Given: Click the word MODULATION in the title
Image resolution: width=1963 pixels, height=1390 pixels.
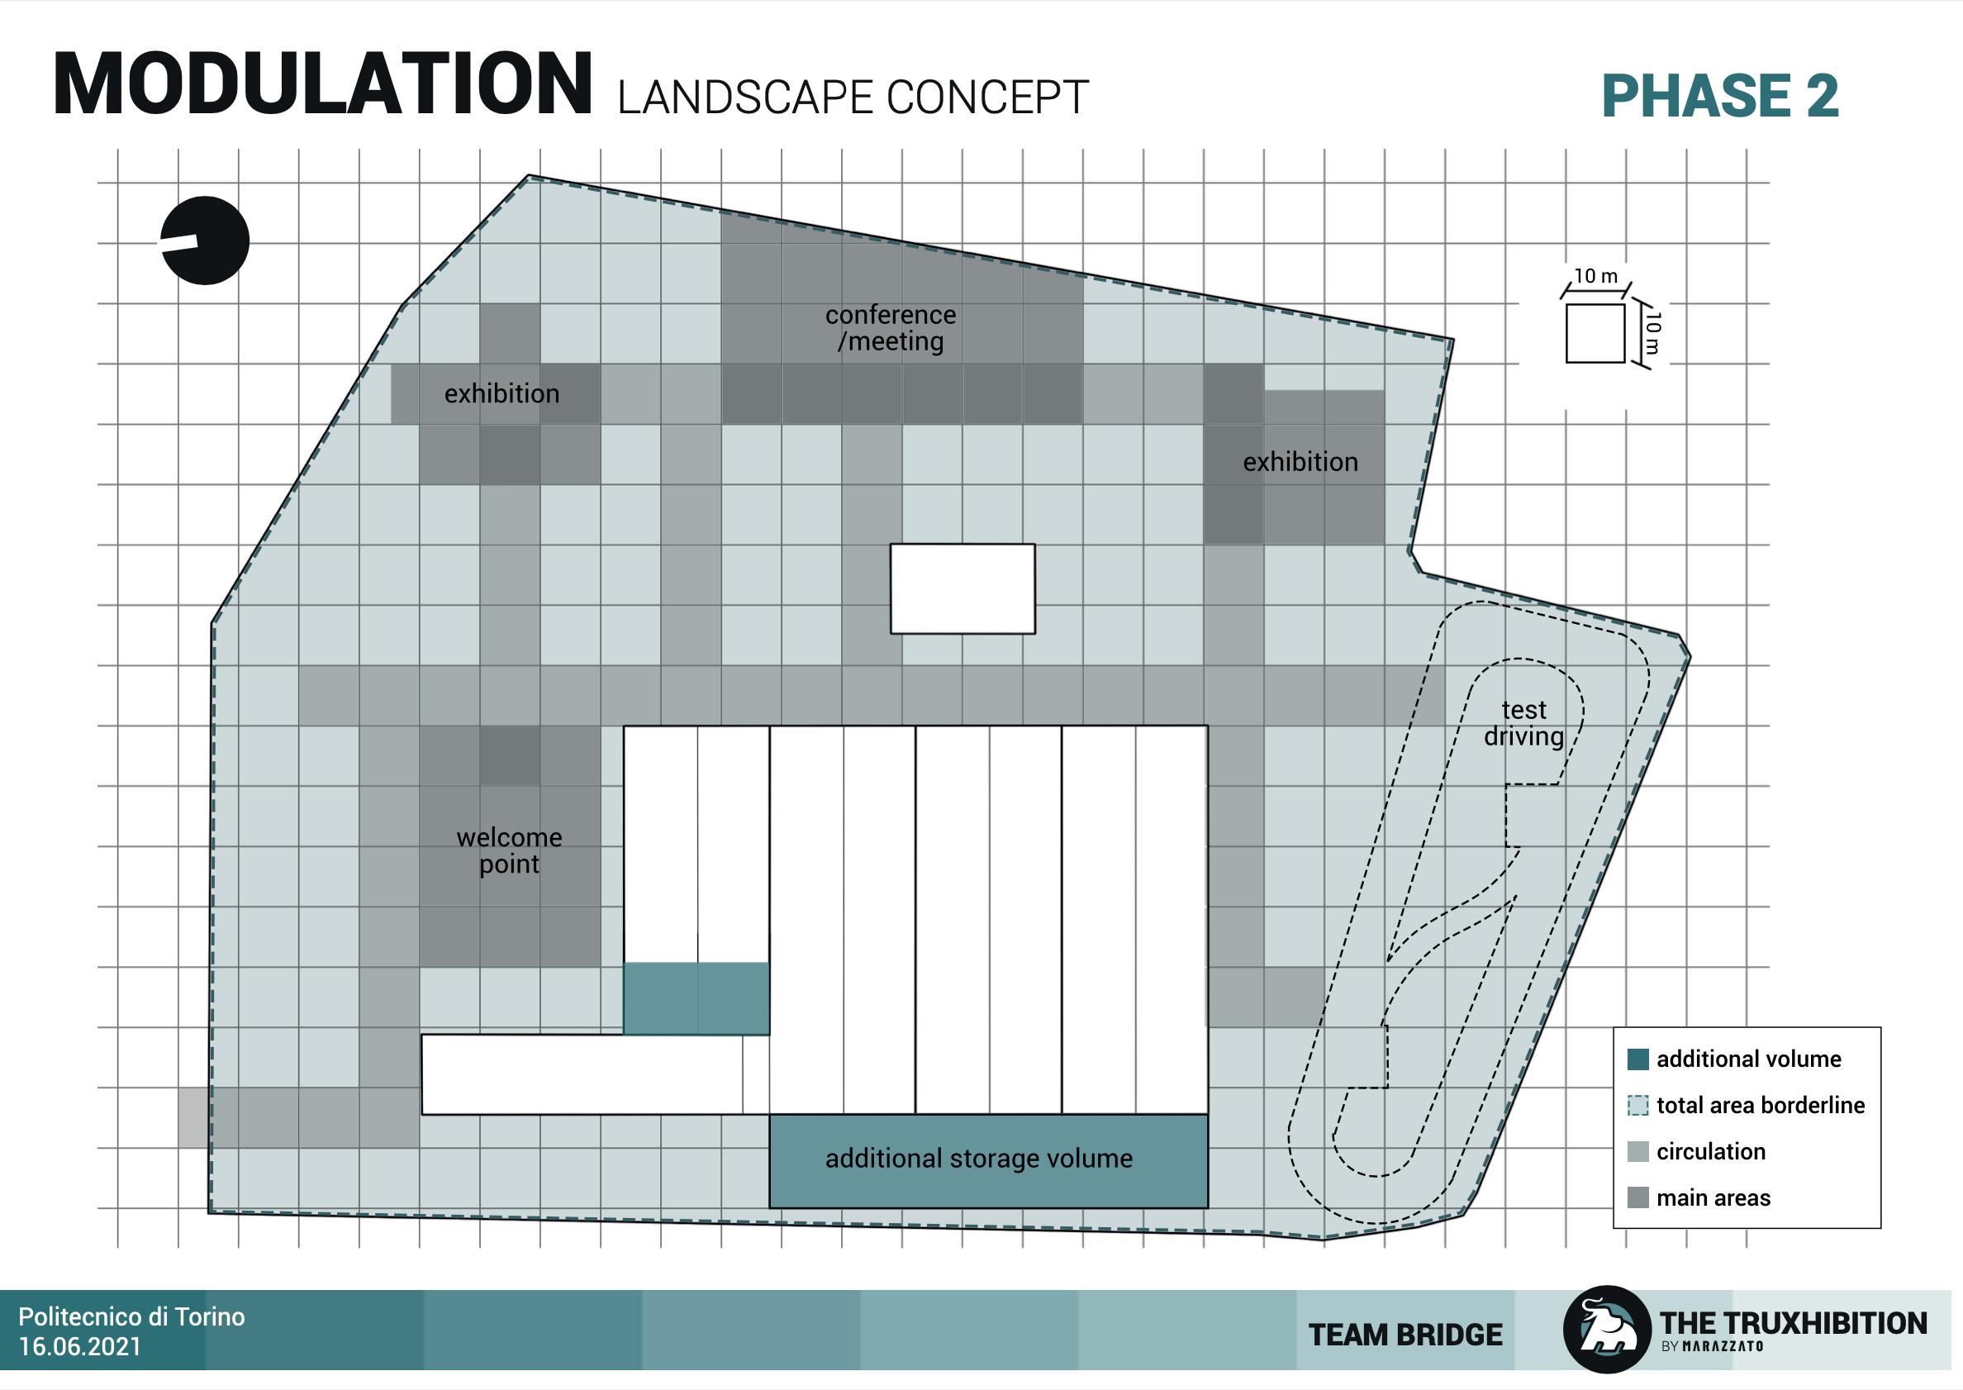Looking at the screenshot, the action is [322, 85].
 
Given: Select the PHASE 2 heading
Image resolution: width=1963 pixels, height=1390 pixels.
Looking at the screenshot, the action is [1719, 96].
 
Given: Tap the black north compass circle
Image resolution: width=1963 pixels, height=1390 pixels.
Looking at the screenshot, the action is [206, 240].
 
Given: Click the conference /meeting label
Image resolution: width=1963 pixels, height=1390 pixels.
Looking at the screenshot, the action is [890, 328].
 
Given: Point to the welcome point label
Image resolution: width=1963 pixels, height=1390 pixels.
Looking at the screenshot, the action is [509, 850].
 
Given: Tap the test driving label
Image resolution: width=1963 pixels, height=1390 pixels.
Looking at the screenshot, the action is [1523, 723].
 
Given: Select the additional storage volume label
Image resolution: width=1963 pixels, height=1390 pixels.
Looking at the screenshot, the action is [979, 1159].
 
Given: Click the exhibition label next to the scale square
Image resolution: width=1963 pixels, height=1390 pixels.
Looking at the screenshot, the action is [1300, 462].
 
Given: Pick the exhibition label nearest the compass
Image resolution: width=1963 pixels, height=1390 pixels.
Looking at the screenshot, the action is [501, 393].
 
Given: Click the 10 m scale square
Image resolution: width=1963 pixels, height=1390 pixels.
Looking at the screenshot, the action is [1595, 333].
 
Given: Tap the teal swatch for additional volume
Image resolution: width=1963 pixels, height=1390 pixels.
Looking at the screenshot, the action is [1637, 1059].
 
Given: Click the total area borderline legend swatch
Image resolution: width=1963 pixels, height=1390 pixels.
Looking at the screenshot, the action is [1637, 1106].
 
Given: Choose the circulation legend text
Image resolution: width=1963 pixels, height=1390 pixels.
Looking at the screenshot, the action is [1710, 1152].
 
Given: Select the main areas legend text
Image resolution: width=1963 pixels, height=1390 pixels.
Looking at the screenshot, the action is [1713, 1198].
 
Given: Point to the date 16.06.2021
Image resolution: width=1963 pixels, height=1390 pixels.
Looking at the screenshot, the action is [79, 1347].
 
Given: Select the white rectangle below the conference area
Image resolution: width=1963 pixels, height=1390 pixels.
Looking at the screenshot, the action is [962, 589].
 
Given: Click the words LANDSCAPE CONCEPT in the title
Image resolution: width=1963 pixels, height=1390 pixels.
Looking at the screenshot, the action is [853, 98].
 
